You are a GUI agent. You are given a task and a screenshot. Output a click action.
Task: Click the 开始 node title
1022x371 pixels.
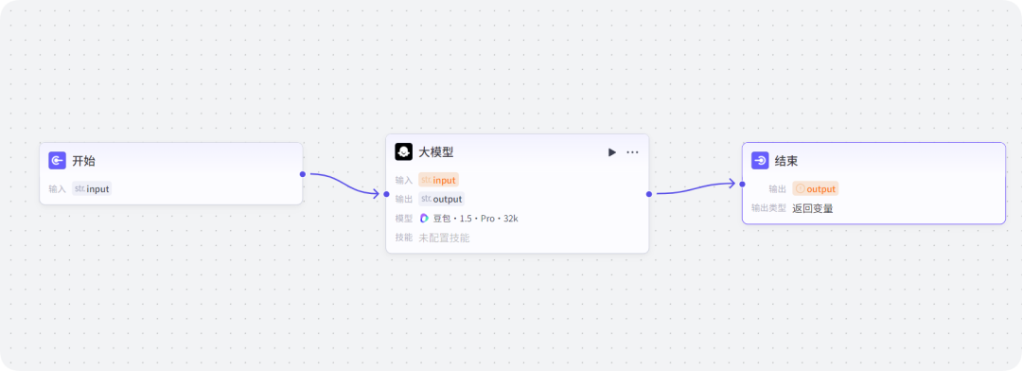tap(84, 161)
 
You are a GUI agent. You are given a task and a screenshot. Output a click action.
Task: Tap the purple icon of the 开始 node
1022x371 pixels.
tap(57, 161)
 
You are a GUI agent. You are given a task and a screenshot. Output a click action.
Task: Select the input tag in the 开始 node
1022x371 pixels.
tap(92, 188)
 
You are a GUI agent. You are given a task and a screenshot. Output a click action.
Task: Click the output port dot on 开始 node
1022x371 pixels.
tap(303, 174)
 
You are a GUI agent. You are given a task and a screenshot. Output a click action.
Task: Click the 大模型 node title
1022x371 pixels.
tap(436, 152)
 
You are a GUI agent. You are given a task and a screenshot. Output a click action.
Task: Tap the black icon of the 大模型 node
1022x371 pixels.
tap(403, 152)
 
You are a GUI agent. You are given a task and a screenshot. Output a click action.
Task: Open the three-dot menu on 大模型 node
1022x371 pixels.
tap(632, 152)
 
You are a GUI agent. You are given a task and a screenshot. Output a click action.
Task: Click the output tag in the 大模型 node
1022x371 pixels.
tap(441, 199)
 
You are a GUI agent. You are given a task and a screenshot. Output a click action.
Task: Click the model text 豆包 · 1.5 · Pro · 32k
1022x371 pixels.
tap(475, 219)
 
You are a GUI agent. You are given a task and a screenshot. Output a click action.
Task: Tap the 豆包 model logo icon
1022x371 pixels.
tap(425, 219)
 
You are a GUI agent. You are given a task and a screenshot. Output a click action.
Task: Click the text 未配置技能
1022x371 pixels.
tap(444, 238)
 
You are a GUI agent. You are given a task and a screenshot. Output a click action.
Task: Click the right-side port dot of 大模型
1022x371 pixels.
tap(649, 194)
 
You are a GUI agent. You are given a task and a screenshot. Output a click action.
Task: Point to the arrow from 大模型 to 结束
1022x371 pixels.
tap(696, 189)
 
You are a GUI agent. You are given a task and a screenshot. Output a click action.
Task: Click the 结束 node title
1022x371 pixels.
tap(786, 161)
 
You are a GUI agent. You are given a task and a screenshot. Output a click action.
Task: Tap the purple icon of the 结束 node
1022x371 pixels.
tap(759, 161)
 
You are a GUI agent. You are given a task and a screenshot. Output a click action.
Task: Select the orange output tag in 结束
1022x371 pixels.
tap(816, 189)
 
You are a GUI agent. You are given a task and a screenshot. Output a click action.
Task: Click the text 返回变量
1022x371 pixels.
tap(813, 208)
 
